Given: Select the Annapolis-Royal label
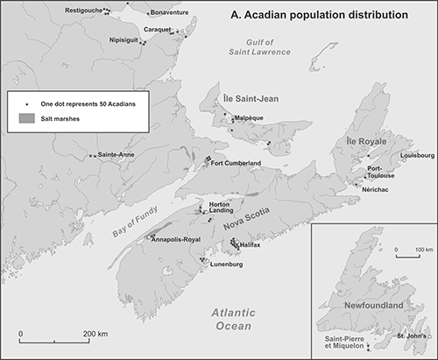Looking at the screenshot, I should [177, 238].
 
